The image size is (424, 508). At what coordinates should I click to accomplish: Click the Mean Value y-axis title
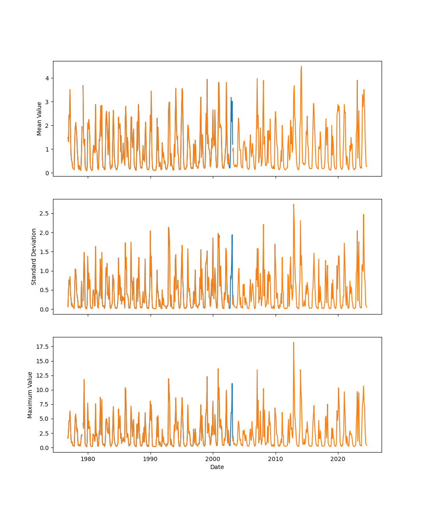pyautogui.click(x=39, y=119)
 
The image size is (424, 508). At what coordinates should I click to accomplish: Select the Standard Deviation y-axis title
pyautogui.click(x=34, y=257)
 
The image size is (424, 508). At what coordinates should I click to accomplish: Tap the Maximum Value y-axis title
pyautogui.click(x=30, y=395)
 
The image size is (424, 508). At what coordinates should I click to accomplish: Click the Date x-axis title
pyautogui.click(x=217, y=467)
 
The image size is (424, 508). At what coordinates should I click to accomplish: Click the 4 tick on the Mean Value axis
pyautogui.click(x=48, y=78)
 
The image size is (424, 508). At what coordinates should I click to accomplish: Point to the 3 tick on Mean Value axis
pyautogui.click(x=48, y=102)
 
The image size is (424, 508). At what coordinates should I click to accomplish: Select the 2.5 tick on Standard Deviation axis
pyautogui.click(x=46, y=213)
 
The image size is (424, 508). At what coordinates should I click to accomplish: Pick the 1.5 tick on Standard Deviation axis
pyautogui.click(x=46, y=252)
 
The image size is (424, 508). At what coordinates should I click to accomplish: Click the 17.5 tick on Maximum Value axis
pyautogui.click(x=44, y=347)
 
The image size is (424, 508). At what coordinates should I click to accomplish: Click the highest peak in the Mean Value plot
pyautogui.click(x=301, y=66)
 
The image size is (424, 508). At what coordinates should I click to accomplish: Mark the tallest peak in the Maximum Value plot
pyautogui.click(x=293, y=342)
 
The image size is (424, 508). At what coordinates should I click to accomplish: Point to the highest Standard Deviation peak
pyautogui.click(x=293, y=204)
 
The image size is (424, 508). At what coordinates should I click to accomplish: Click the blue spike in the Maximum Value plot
pyautogui.click(x=232, y=384)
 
